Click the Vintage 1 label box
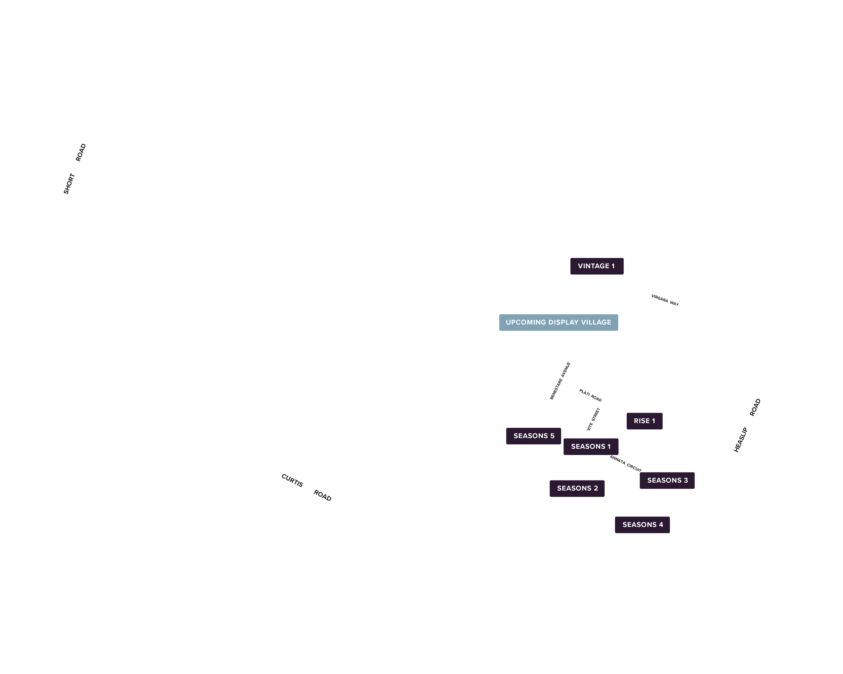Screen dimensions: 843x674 (597, 266)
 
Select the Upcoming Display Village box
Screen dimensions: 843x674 (558, 322)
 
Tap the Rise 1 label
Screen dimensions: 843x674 (644, 421)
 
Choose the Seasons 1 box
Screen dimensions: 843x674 (591, 447)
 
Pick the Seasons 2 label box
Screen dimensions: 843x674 (577, 488)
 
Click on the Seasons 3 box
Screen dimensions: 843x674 (667, 480)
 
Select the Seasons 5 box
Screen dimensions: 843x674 (534, 436)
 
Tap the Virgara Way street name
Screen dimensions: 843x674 (665, 300)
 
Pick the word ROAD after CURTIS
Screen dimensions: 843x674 (323, 495)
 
